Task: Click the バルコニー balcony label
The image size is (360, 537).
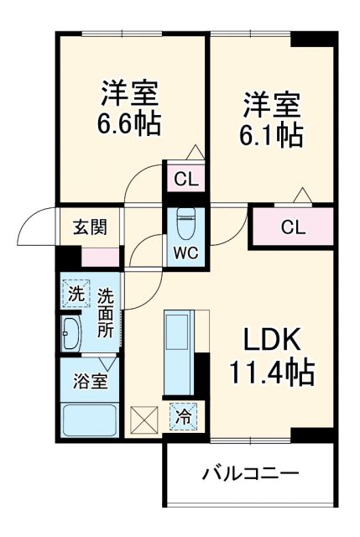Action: [249, 474]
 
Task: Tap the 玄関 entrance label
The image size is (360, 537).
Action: [84, 227]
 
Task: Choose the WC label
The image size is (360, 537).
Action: [185, 253]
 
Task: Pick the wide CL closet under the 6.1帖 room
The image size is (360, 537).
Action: [292, 226]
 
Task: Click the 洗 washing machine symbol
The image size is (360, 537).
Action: [76, 295]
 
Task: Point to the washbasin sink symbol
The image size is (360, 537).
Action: [70, 334]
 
